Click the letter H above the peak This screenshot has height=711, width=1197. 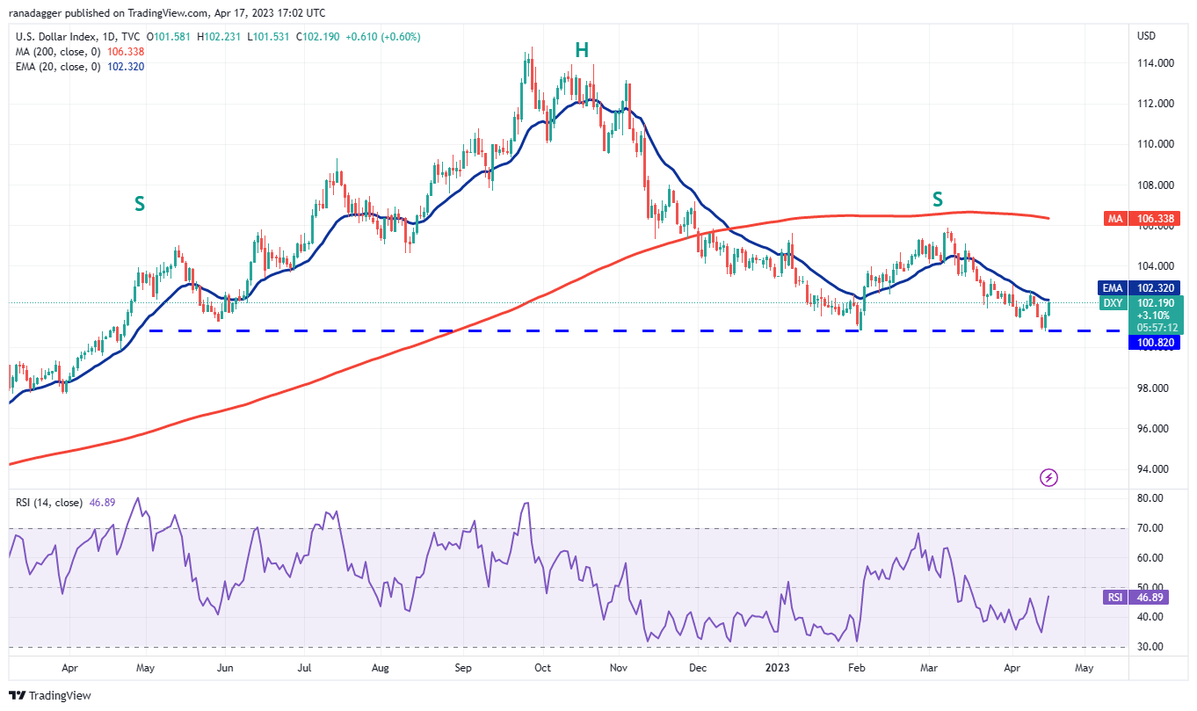point(581,50)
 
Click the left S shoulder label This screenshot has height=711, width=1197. point(140,204)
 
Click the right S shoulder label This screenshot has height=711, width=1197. point(938,200)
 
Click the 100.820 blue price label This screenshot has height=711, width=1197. point(1152,344)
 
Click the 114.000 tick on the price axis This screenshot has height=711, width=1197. point(1157,63)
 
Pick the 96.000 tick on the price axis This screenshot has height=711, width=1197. point(1157,429)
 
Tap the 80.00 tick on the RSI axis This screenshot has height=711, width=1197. point(1150,498)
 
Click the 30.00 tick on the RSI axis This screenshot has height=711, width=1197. point(1150,647)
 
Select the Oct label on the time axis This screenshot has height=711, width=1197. point(542,668)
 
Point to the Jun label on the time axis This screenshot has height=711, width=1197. point(225,668)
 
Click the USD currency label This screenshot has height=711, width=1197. point(1146,36)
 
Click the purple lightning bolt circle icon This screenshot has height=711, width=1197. point(1048,477)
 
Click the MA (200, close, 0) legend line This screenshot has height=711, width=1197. point(59,52)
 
